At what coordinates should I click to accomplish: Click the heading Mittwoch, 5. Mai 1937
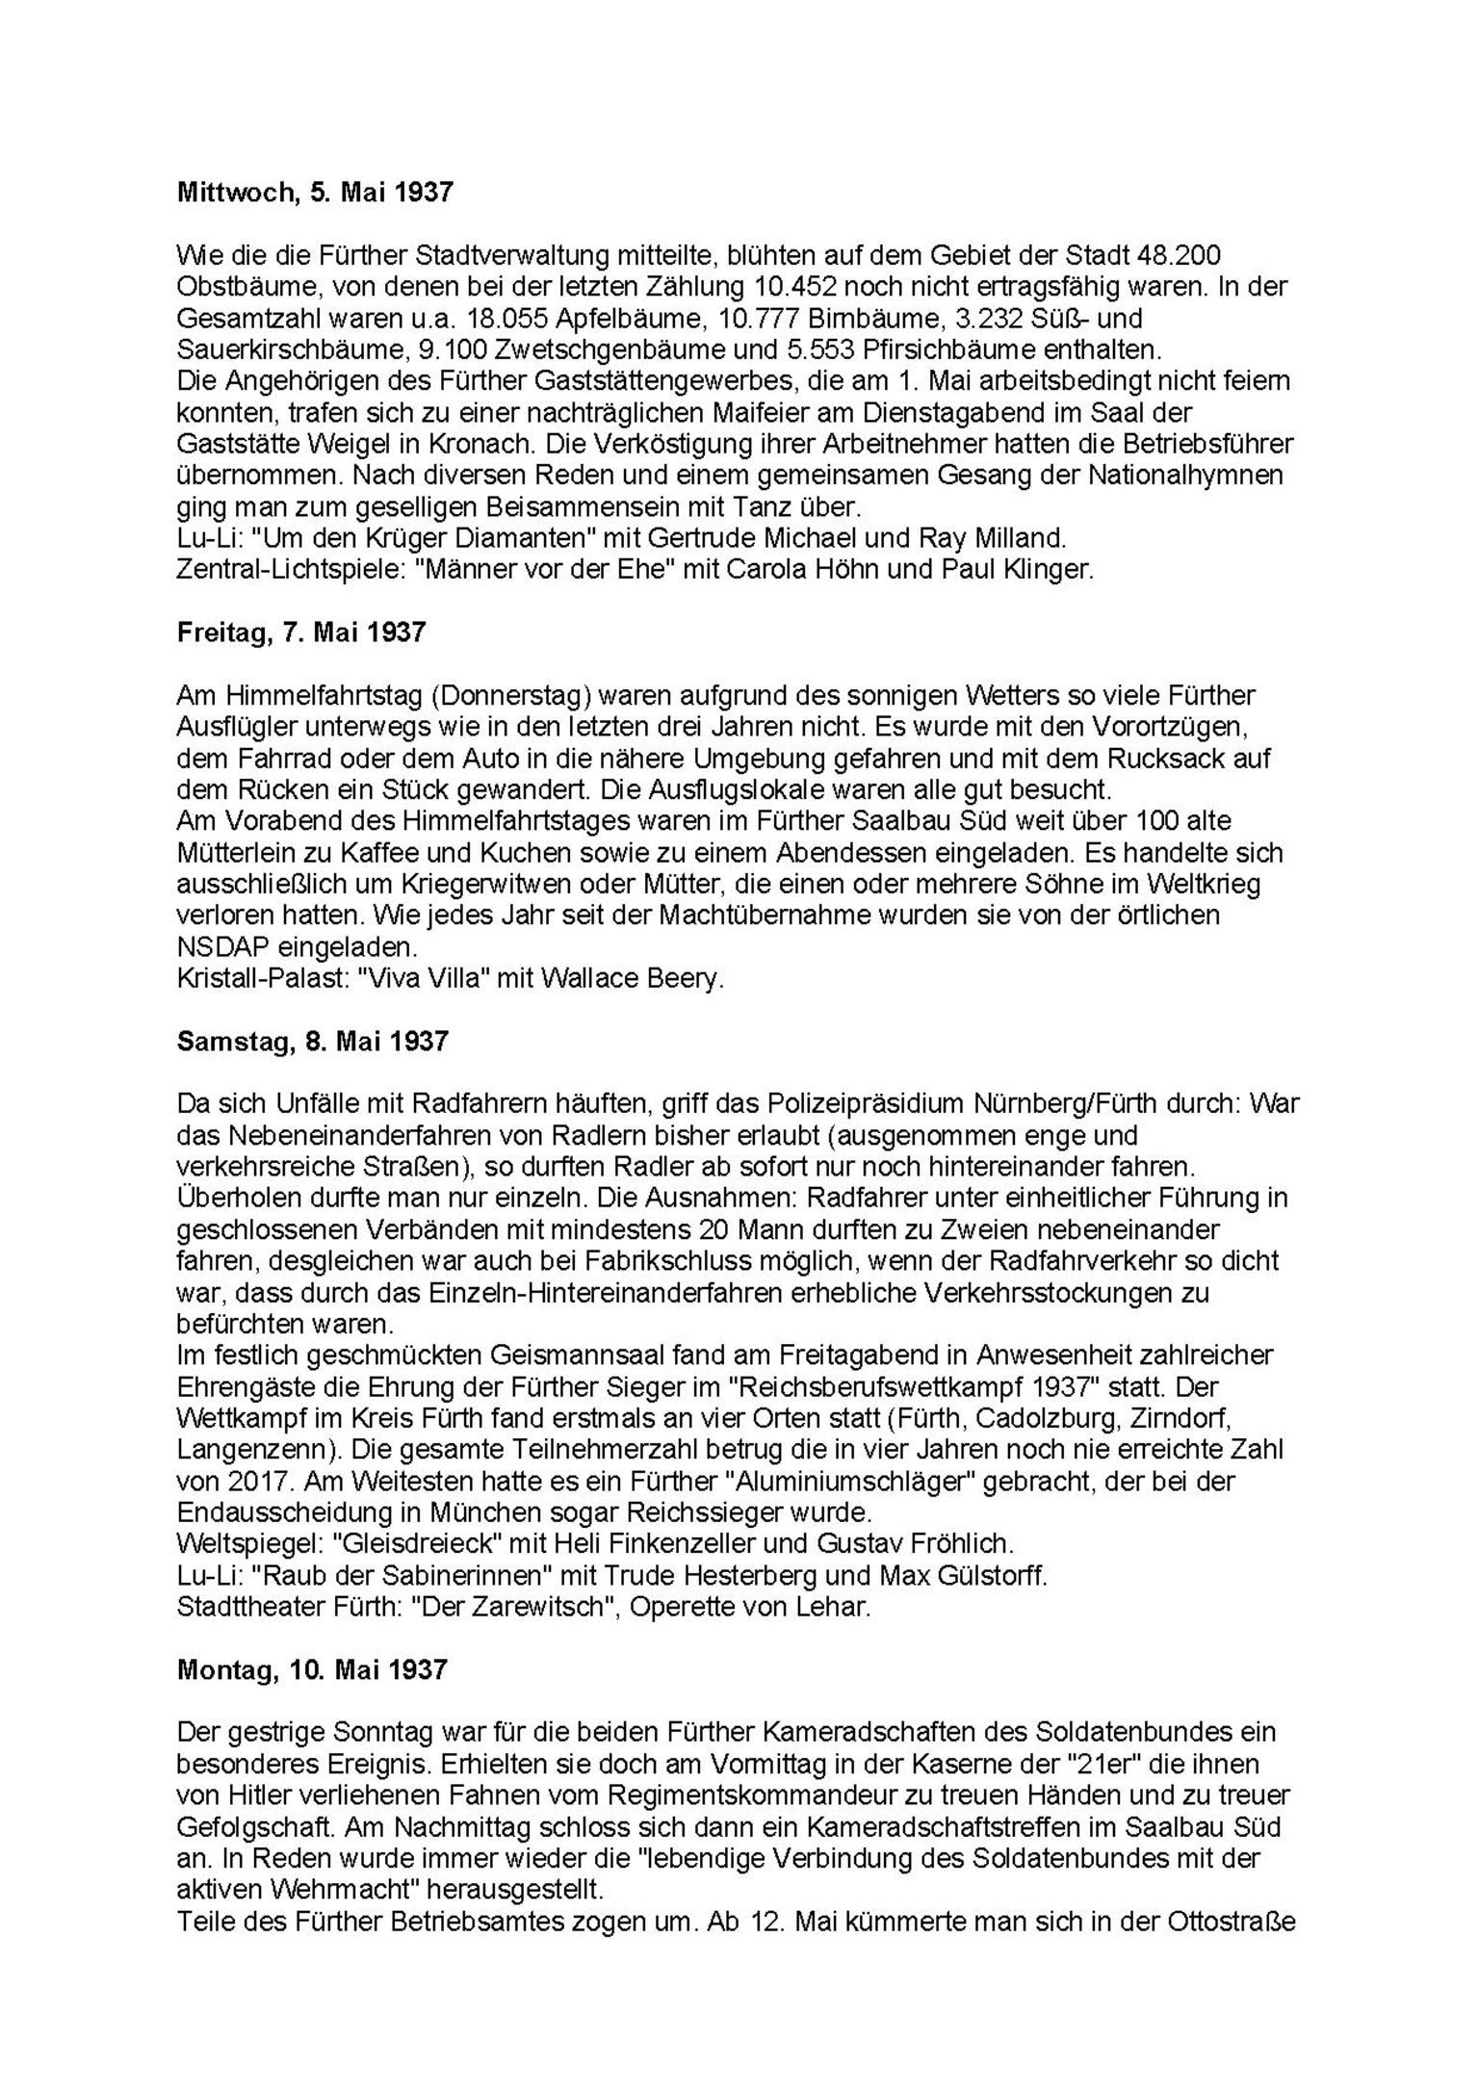[x=315, y=193]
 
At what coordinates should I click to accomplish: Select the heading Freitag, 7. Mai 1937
[x=301, y=633]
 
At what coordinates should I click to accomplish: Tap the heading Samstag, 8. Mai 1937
[x=313, y=1042]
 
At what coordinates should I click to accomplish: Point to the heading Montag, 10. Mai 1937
[x=312, y=1669]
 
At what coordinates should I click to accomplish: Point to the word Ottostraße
[x=1232, y=1921]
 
